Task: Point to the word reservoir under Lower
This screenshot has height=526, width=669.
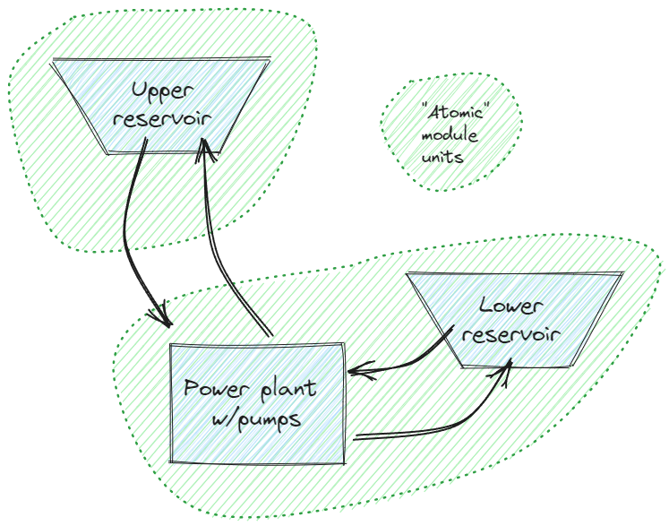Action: tap(511, 334)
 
